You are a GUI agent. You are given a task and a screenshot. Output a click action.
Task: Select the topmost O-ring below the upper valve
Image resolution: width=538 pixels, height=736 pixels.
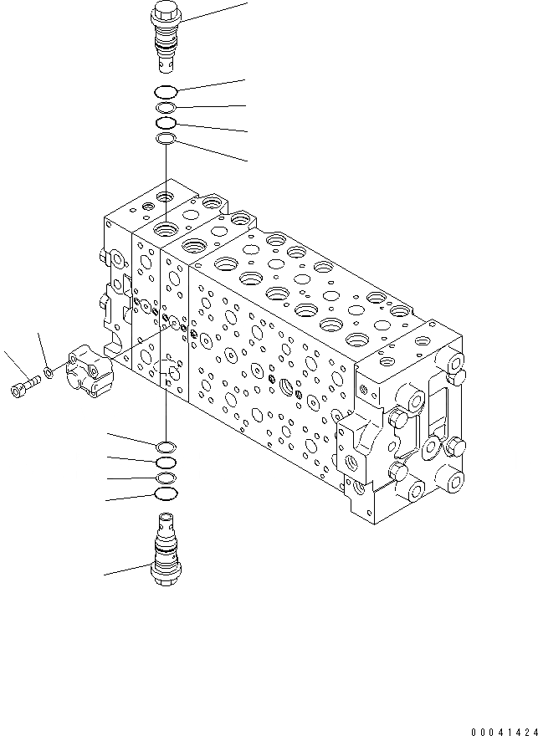coord(166,92)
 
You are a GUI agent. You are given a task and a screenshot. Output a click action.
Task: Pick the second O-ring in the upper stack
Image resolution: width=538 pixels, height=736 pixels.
coord(166,108)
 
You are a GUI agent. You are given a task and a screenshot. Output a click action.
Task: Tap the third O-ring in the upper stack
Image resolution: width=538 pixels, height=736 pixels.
coord(166,123)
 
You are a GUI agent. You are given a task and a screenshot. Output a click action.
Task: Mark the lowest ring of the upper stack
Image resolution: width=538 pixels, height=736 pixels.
coord(166,138)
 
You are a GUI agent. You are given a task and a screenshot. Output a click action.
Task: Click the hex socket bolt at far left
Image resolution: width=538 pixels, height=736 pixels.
coord(24,386)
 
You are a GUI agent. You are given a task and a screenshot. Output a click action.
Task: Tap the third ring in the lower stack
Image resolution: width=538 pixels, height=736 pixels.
coord(166,478)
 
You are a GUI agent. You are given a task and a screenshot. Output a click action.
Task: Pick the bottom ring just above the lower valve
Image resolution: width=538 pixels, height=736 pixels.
coord(166,495)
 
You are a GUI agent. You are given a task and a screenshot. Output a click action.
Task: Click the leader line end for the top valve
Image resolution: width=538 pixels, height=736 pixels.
coord(248,3)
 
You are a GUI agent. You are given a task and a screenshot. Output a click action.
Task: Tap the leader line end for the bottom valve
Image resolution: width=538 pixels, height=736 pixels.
coord(105,575)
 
